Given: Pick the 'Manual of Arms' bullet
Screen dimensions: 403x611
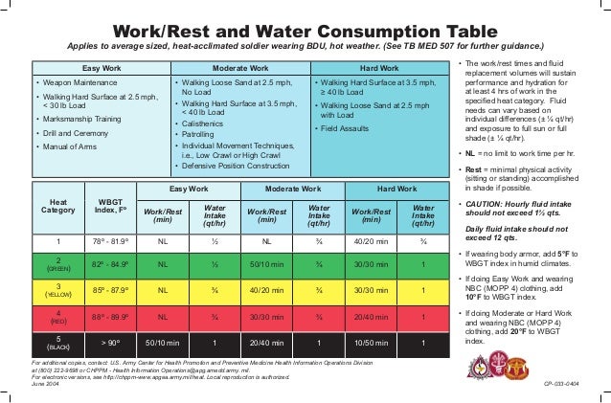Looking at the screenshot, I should (71, 147).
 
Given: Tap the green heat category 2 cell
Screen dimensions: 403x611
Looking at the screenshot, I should (59, 263).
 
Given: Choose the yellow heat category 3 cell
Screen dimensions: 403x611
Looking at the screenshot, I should (59, 289).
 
